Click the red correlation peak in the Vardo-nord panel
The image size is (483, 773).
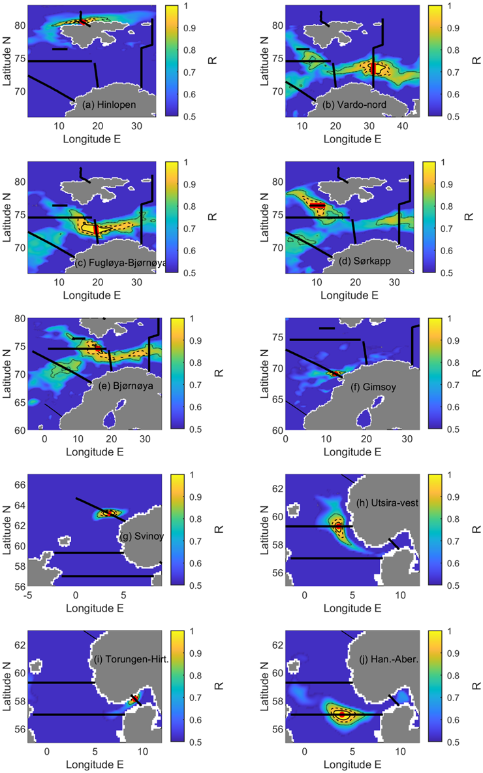tap(373, 67)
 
